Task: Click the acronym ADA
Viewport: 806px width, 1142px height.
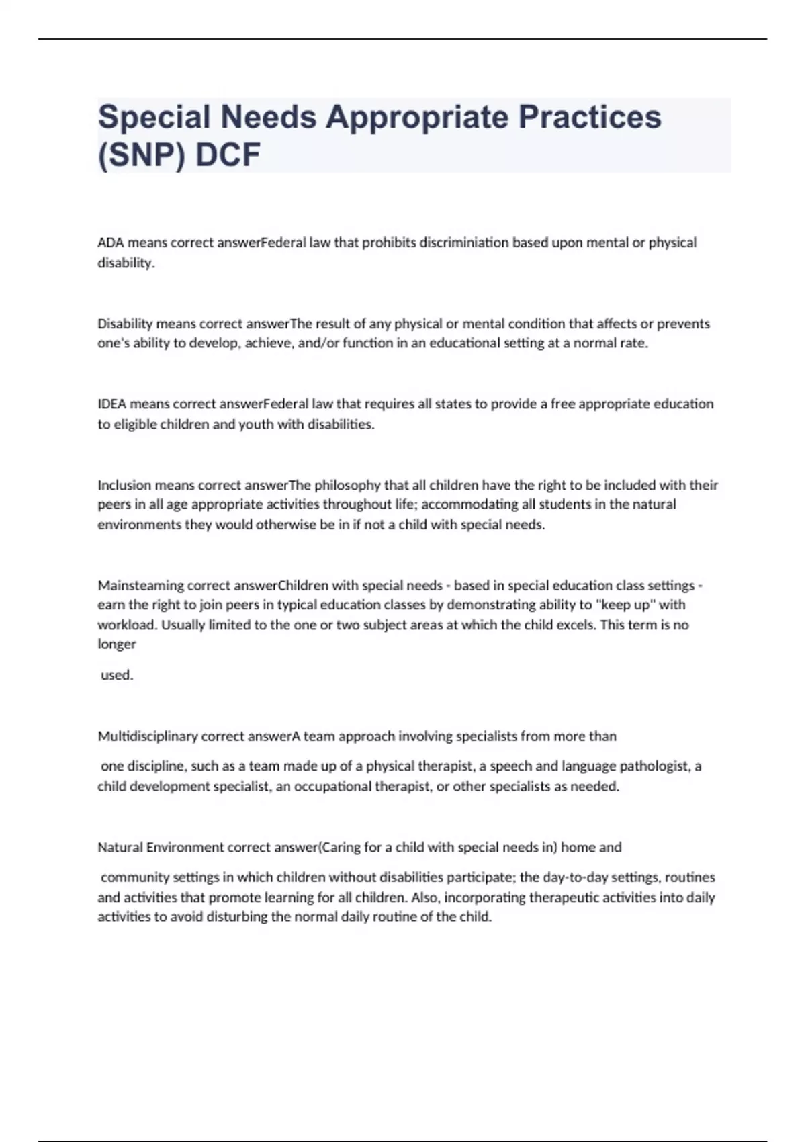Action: coord(111,243)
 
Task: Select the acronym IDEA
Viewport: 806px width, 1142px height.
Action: coord(112,404)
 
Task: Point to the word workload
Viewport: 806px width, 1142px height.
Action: coord(126,625)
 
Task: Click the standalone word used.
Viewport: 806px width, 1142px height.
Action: coord(117,676)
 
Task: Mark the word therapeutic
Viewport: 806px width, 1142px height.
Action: coord(553,897)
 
